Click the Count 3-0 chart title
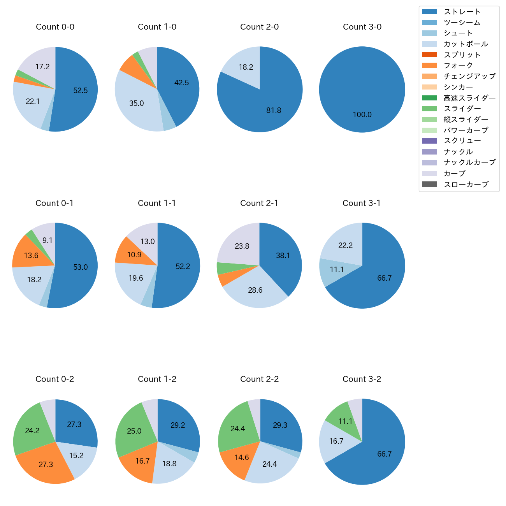(362, 27)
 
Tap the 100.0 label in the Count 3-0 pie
(362, 115)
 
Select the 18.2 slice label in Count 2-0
(246, 67)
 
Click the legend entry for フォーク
(458, 65)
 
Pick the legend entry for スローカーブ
(466, 184)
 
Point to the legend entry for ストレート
(462, 12)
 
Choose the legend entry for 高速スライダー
(469, 98)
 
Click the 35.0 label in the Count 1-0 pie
(137, 104)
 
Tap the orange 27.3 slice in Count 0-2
(46, 464)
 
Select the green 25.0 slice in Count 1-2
(134, 431)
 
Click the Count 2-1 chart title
(259, 203)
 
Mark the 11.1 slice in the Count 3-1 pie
(337, 270)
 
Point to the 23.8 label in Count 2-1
(242, 246)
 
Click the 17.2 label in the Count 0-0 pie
(42, 67)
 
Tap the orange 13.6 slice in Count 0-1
(31, 256)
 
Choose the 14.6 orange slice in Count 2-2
(242, 458)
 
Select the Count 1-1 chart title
(157, 203)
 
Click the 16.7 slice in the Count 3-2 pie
(336, 441)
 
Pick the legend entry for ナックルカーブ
(469, 163)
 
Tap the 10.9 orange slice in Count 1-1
(134, 255)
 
